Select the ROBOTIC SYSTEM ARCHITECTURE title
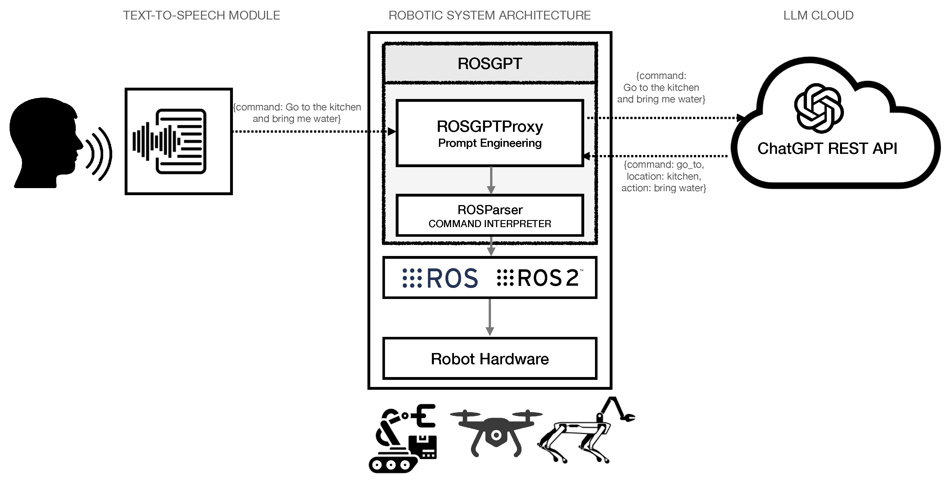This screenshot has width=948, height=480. click(x=490, y=16)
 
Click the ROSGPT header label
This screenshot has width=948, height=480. click(x=490, y=63)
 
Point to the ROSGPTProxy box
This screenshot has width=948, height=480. click(x=490, y=133)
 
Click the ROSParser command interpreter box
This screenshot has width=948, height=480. click(x=490, y=216)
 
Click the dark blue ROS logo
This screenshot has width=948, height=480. click(x=441, y=278)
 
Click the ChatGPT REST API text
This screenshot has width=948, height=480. click(x=827, y=148)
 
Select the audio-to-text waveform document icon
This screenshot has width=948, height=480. click(x=170, y=141)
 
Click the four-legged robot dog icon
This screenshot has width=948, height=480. click(x=585, y=435)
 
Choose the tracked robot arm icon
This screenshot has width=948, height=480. click(x=403, y=438)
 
